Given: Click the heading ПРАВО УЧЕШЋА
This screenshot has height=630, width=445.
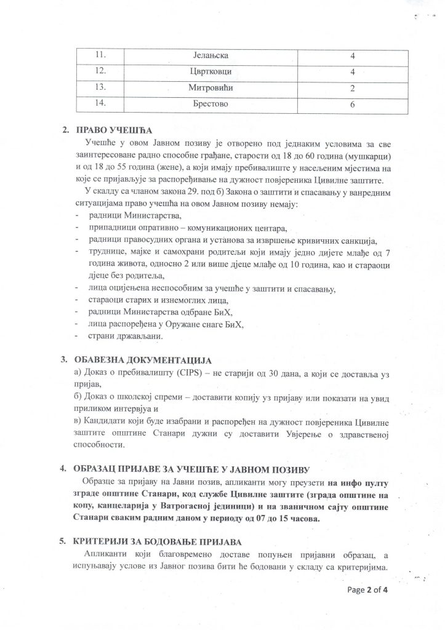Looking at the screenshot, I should (x=111, y=132).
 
